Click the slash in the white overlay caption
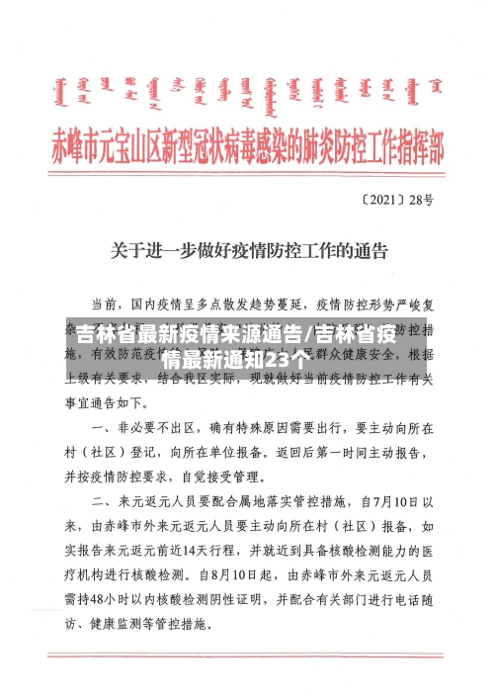pos(309,332)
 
